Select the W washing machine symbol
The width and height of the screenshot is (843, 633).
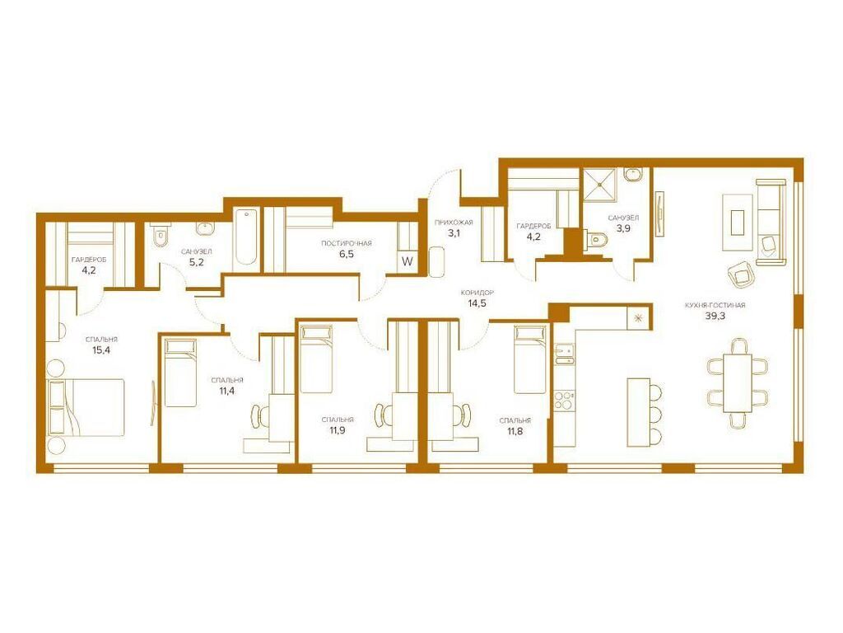[407, 260]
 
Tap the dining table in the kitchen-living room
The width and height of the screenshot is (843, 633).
[738, 382]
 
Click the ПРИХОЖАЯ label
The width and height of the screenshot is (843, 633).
[454, 223]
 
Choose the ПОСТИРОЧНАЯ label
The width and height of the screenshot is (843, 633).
[347, 244]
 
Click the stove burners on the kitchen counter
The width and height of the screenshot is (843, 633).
[564, 401]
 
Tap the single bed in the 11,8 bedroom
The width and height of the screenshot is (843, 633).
[530, 359]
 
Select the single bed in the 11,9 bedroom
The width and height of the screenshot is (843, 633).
[316, 359]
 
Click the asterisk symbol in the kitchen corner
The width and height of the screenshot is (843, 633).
[638, 316]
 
